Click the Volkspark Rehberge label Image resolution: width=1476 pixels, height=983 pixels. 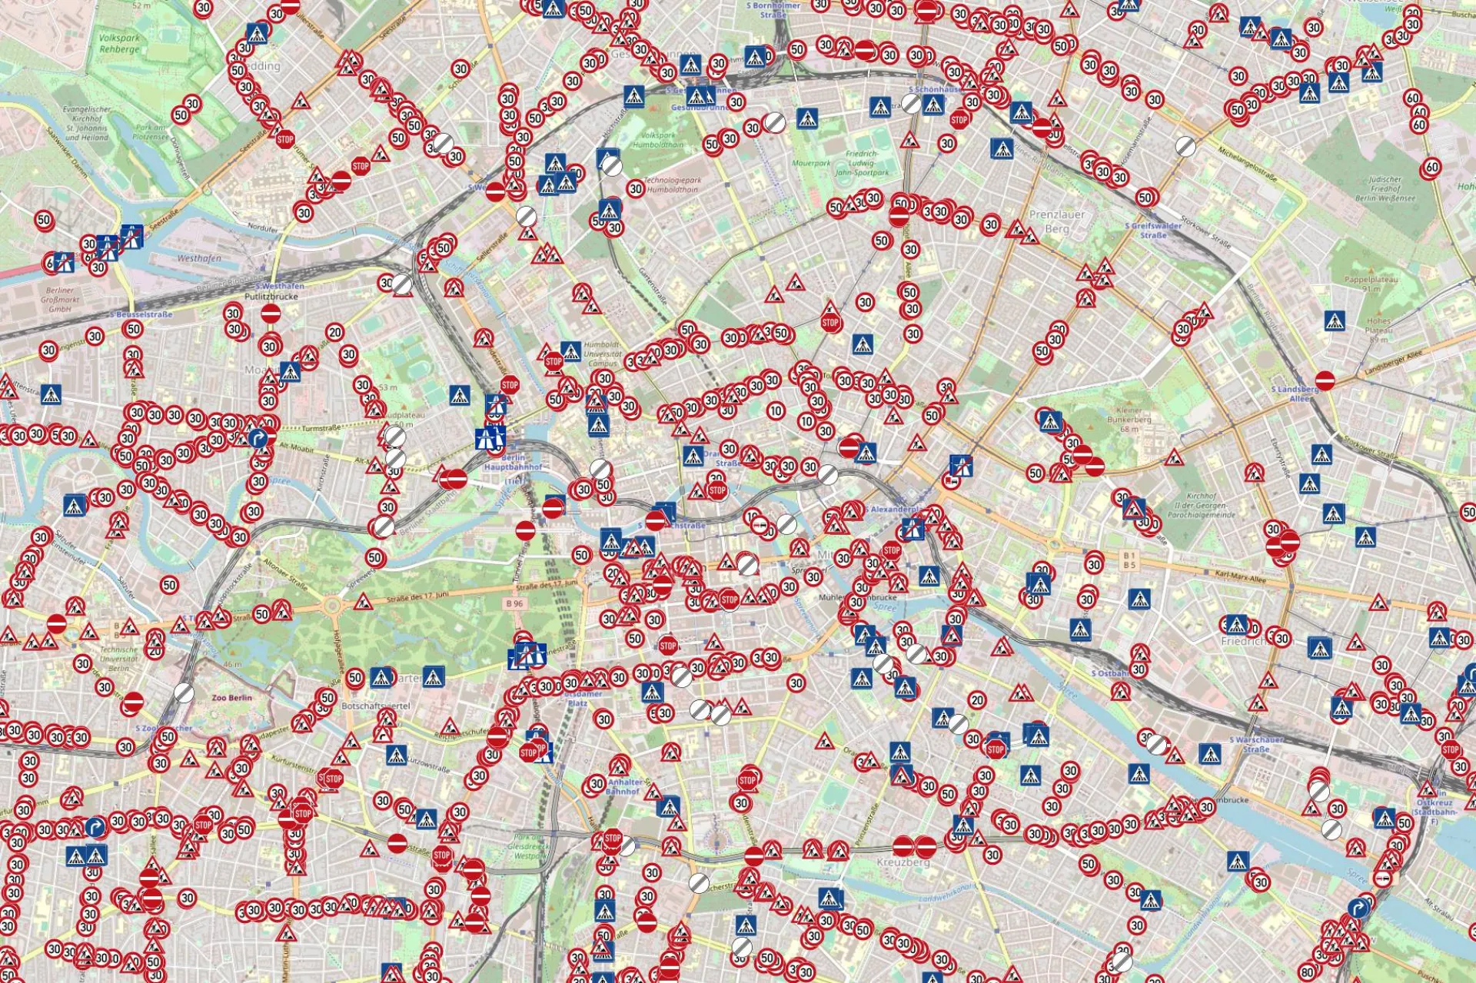pos(119,43)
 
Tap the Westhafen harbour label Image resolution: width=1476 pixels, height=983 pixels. pos(199,258)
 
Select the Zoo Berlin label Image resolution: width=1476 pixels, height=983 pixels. pos(231,698)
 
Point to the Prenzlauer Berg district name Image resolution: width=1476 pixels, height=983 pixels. pos(1057,221)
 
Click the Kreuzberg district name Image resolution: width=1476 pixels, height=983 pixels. pos(903,862)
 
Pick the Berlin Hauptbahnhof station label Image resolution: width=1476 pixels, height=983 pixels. pos(513,462)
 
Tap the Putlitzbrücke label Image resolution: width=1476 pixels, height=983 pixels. pos(271,296)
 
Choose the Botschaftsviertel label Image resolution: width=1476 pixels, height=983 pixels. pos(376,706)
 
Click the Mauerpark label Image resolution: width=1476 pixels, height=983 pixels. pos(810,163)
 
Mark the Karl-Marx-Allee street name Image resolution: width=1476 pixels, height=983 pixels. pos(1240,576)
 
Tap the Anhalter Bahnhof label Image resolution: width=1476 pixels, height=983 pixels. pos(623,786)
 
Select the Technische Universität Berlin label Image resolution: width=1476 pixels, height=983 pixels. pos(119,659)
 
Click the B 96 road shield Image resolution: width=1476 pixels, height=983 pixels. pos(514,604)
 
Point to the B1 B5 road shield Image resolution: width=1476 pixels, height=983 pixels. pos(1129,560)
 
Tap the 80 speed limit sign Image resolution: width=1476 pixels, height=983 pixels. pos(1308,973)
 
